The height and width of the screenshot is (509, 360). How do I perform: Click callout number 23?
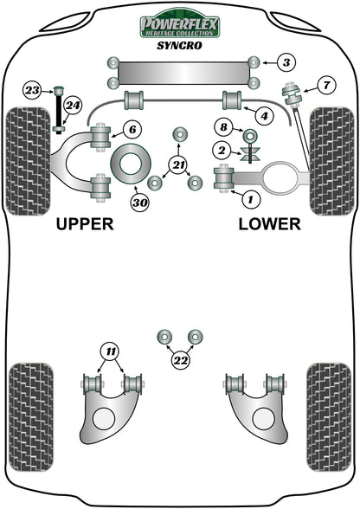coord(32,89)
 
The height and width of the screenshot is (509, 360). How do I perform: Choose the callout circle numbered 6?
coord(131,130)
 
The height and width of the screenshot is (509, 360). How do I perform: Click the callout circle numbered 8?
coord(223,129)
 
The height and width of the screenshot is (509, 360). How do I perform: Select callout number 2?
coord(222,152)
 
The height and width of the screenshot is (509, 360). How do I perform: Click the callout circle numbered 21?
coord(179,165)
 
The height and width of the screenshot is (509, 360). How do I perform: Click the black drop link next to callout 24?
coord(58,109)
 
